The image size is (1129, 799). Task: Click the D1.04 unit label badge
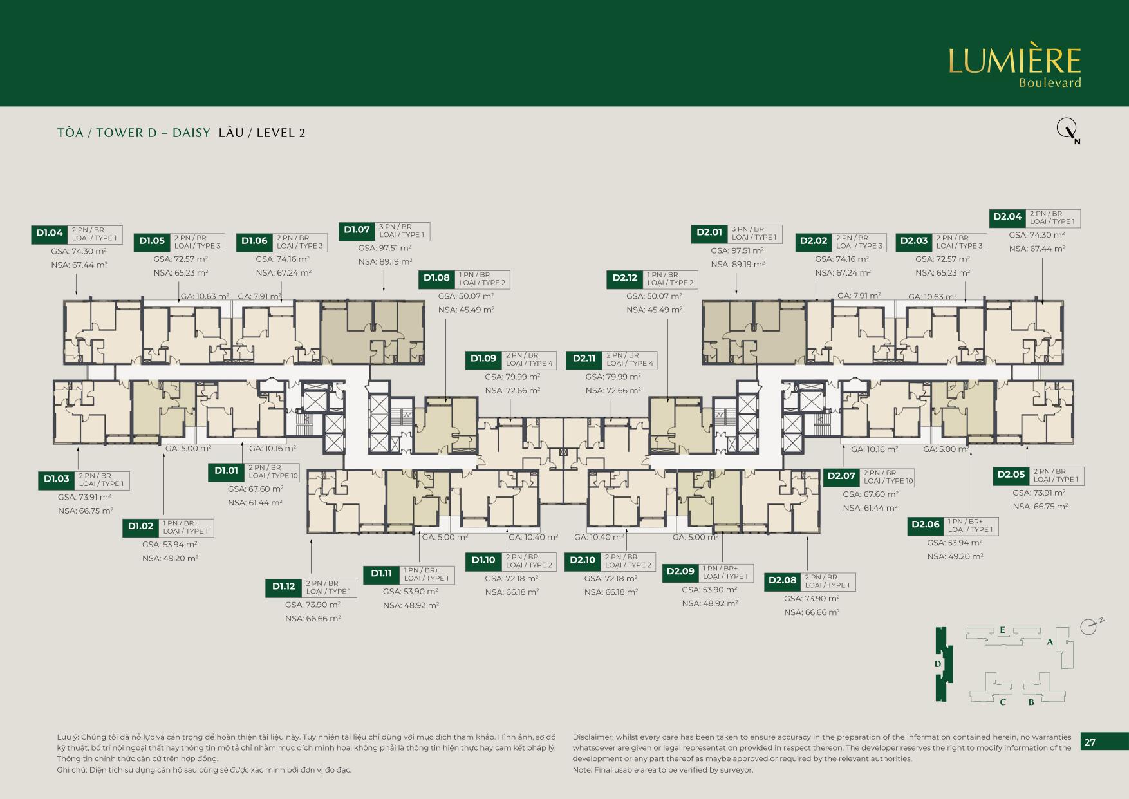pyautogui.click(x=49, y=234)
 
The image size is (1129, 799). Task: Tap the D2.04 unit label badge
pyautogui.click(x=1007, y=217)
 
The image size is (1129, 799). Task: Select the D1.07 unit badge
pyautogui.click(x=357, y=230)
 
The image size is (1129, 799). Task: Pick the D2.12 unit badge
pyautogui.click(x=624, y=279)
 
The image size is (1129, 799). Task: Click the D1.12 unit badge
pyautogui.click(x=283, y=587)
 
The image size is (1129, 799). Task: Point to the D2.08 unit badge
pyautogui.click(x=782, y=581)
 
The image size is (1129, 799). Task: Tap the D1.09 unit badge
pyautogui.click(x=483, y=359)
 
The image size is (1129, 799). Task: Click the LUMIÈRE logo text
pyautogui.click(x=1014, y=61)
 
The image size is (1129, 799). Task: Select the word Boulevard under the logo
pyautogui.click(x=1049, y=83)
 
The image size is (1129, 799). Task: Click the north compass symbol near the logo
pyautogui.click(x=1066, y=130)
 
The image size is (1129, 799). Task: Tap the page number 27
pyautogui.click(x=1090, y=742)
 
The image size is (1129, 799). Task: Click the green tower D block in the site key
pyautogui.click(x=942, y=664)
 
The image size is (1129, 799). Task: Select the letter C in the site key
pyautogui.click(x=1003, y=702)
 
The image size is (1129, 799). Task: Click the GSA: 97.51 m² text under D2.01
pyautogui.click(x=737, y=250)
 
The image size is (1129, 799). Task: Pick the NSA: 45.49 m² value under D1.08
pyautogui.click(x=466, y=310)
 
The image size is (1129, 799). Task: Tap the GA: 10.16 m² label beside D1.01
pyautogui.click(x=272, y=449)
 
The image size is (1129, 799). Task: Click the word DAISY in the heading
pyautogui.click(x=191, y=133)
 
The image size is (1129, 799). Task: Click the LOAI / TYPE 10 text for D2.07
pyautogui.click(x=888, y=481)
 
